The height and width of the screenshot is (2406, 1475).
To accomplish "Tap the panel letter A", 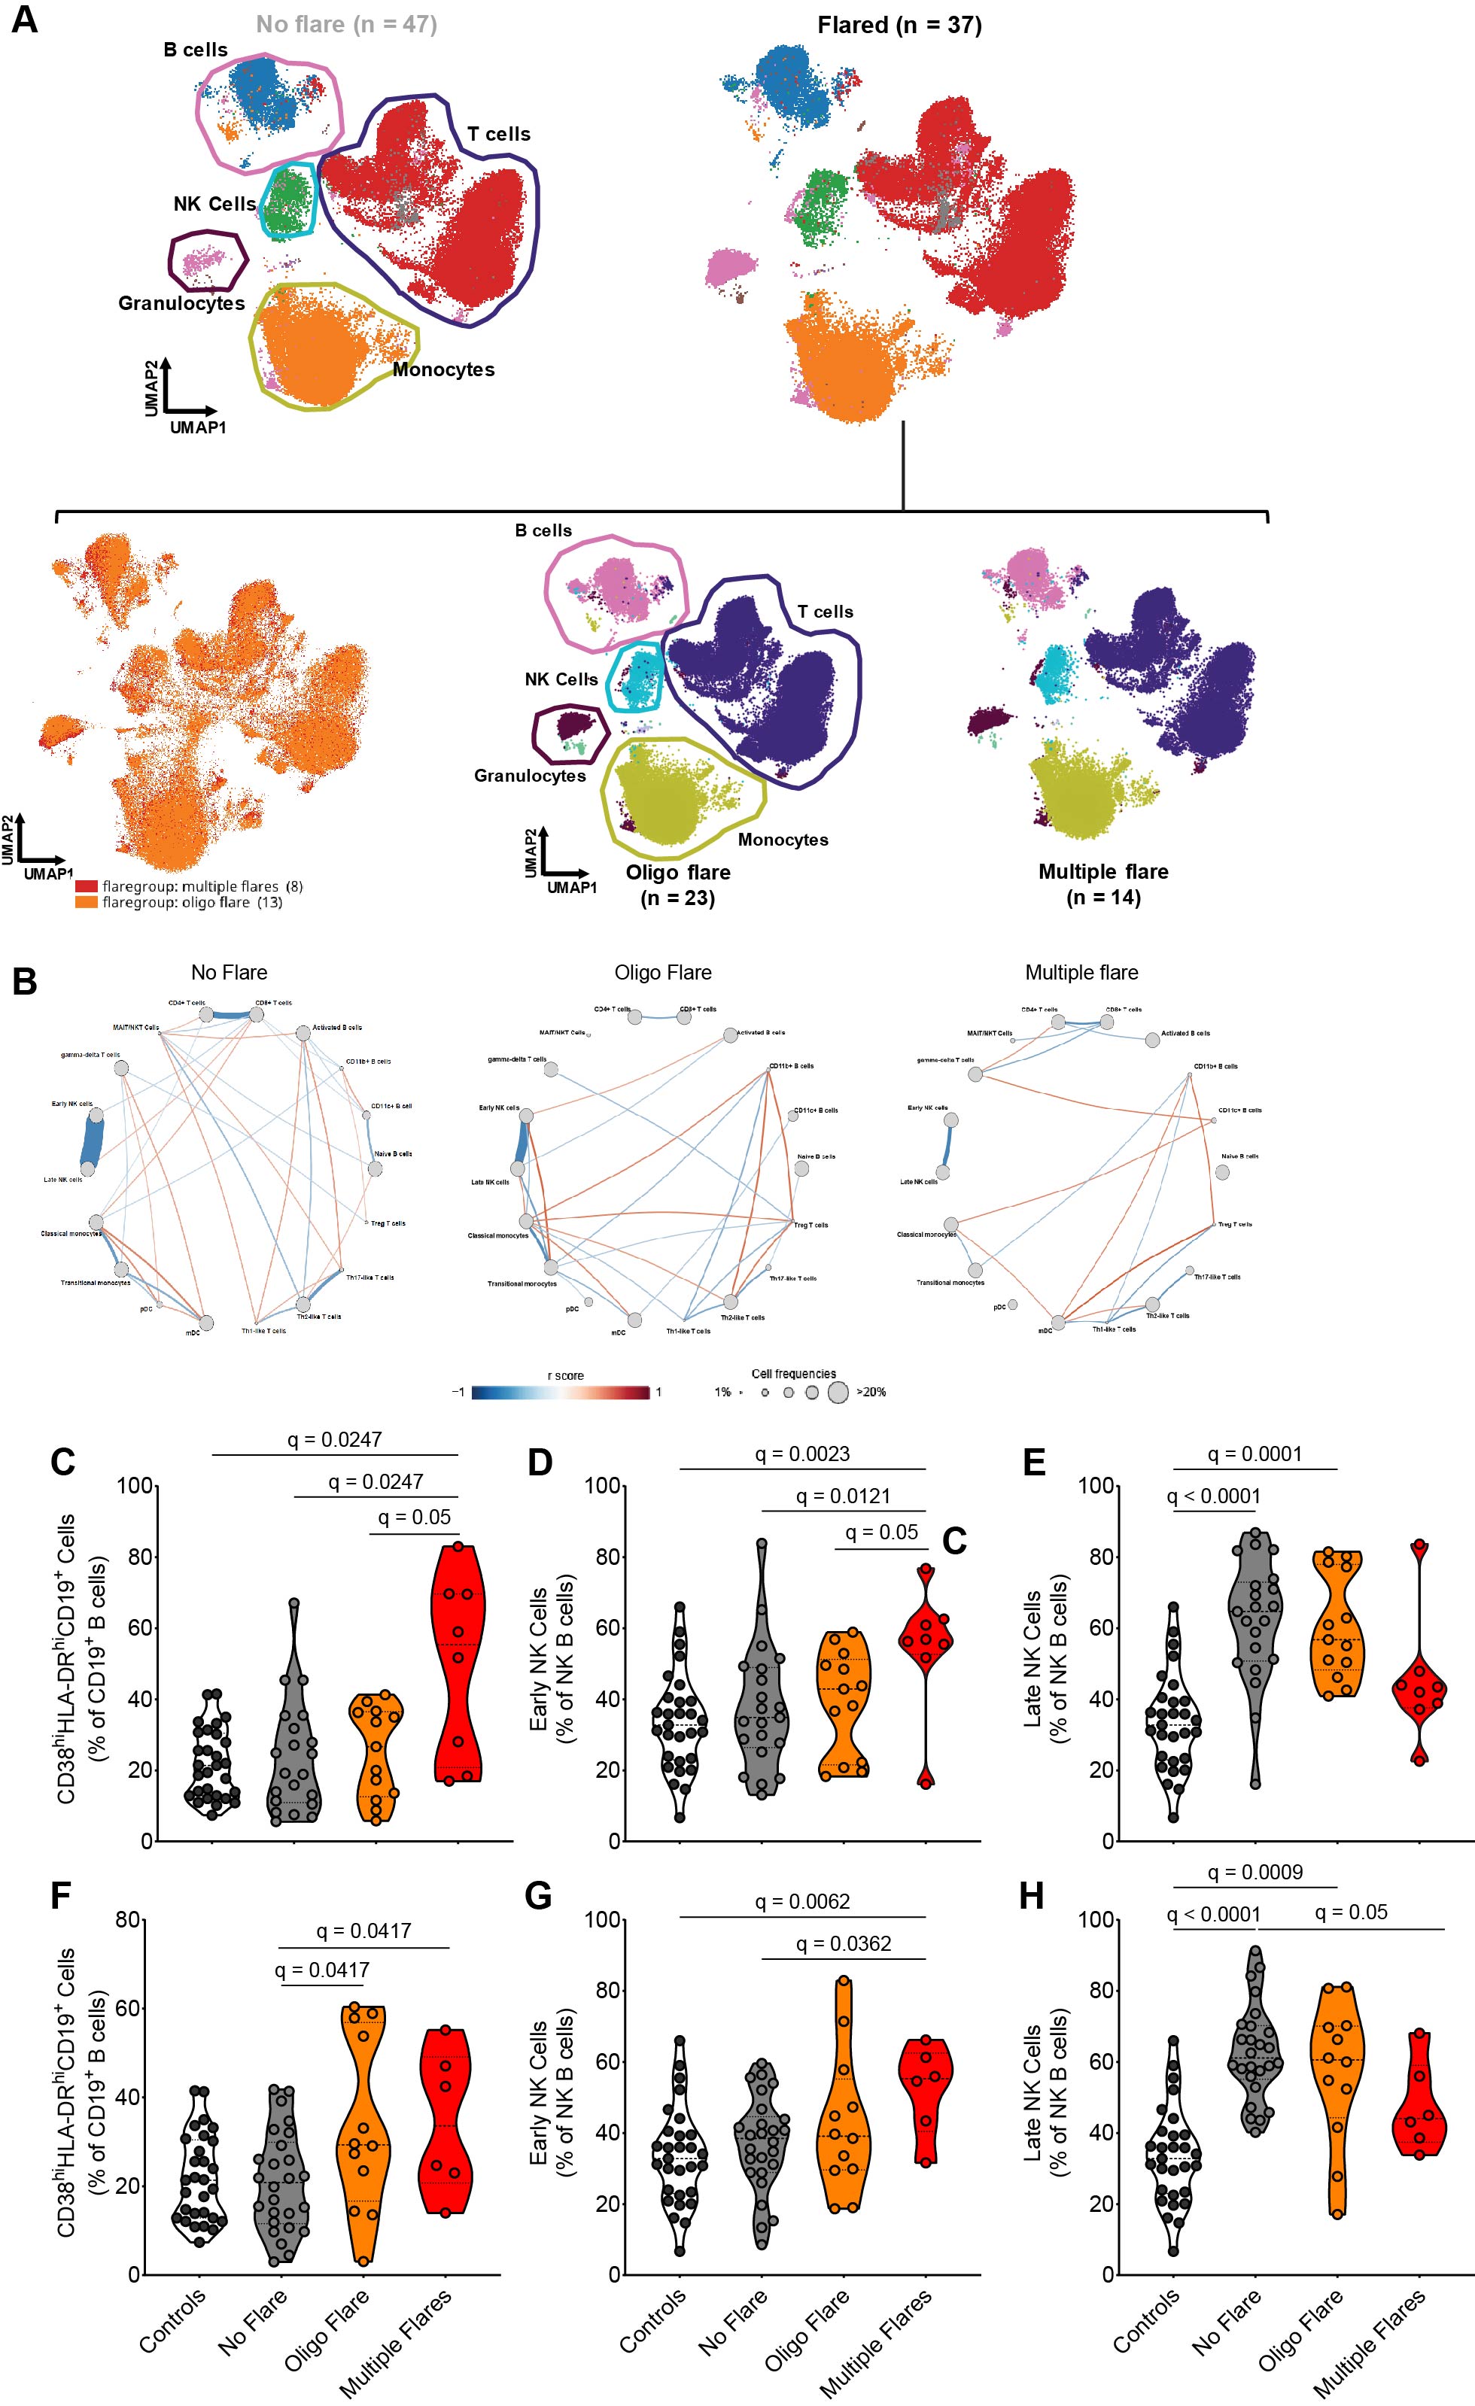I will (x=24, y=20).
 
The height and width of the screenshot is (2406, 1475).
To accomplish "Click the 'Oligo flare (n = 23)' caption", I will (x=678, y=885).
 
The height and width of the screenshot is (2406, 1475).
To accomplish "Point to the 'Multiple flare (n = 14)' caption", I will (x=1102, y=884).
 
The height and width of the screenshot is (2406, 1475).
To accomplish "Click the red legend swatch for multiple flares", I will (x=86, y=886).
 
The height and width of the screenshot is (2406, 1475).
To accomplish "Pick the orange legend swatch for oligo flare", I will (x=86, y=902).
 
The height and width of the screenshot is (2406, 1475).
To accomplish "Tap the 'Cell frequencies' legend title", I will (x=793, y=1374).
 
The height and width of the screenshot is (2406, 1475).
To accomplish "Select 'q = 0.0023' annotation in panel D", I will (x=802, y=1454).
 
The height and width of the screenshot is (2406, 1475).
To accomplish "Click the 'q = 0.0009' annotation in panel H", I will (x=1255, y=1872).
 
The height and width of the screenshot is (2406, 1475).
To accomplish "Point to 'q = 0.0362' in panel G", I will (x=843, y=1943).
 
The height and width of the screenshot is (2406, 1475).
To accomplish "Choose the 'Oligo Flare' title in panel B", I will (x=662, y=973).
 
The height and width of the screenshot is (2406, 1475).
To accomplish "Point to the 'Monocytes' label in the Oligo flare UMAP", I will (x=783, y=840).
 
